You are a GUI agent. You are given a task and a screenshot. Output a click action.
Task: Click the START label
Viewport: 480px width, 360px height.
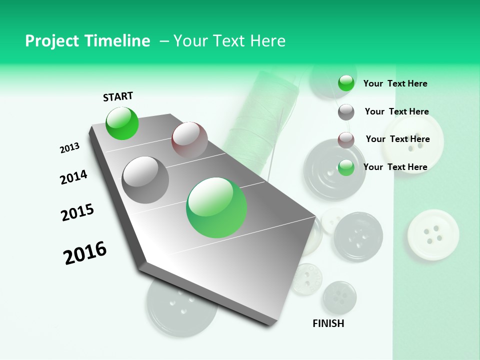click(118, 96)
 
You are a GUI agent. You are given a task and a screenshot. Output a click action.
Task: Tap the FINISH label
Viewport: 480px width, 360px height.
click(328, 323)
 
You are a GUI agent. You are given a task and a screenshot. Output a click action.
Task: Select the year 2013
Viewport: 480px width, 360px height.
click(69, 148)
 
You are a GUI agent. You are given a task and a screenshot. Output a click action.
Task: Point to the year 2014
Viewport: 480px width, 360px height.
click(73, 177)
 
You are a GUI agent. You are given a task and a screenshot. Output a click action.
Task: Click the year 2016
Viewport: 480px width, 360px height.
click(85, 252)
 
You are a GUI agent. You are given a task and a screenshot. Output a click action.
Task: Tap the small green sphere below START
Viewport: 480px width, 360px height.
click(122, 123)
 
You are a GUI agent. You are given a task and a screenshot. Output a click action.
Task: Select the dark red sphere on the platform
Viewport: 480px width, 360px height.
click(189, 139)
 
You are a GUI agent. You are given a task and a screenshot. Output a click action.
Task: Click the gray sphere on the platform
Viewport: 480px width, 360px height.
click(145, 180)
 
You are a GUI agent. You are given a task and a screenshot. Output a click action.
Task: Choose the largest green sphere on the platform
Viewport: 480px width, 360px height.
click(216, 207)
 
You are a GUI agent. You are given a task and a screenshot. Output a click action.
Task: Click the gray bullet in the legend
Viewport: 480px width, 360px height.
click(346, 112)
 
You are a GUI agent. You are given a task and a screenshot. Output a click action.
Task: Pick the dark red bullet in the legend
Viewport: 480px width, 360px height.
click(346, 140)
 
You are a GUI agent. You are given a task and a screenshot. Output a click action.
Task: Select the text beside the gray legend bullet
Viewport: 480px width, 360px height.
click(396, 111)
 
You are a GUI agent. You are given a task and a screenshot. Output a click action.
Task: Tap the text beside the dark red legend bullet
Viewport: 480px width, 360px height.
click(397, 139)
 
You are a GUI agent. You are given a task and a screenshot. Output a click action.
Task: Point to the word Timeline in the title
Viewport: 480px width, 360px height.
click(118, 41)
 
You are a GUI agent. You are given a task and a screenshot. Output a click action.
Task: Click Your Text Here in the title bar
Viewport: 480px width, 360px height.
click(229, 41)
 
